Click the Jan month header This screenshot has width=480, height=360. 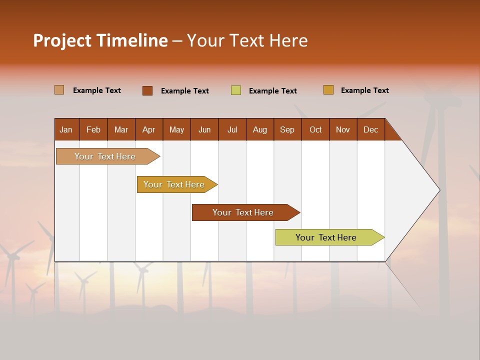pos(66,129)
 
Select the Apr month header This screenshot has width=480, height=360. pos(149,129)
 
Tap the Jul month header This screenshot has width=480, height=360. pos(232,129)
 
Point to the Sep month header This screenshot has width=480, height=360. pos(287,129)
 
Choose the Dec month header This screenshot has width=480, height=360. pos(370,129)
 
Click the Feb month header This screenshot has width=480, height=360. pos(93,129)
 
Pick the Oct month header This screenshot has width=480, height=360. pos(315,129)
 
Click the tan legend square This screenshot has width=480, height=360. pos(59,90)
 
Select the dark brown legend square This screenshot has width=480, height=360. pos(147,90)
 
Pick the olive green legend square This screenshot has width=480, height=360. pos(236,90)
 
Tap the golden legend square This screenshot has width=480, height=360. pos(328,90)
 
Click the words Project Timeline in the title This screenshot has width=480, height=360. pos(100,40)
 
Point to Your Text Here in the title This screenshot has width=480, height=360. pos(247,40)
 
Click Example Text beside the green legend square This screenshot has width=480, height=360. pos(272,91)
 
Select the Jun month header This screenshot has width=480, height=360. pos(204,129)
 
